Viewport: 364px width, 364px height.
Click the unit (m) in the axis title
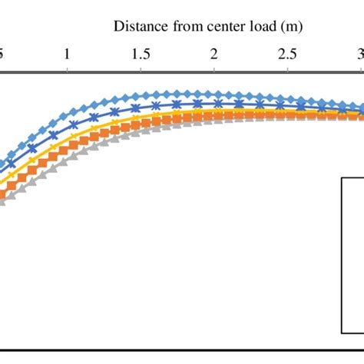point(291,27)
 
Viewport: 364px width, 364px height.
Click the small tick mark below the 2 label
point(214,70)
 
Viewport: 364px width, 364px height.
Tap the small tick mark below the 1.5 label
point(141,70)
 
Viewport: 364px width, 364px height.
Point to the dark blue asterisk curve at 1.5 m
point(141,107)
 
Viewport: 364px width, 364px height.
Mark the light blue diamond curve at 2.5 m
point(287,98)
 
